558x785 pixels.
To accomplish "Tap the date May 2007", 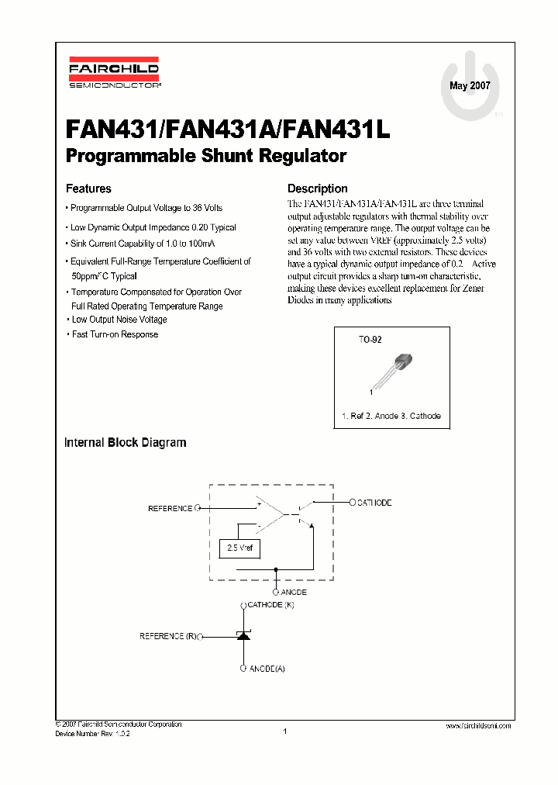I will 470,85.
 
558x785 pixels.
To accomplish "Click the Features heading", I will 88,188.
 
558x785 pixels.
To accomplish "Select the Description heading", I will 318,188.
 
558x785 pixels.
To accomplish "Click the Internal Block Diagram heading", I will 125,443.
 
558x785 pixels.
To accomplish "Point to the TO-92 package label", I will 370,340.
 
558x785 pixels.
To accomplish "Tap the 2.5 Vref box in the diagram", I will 239,548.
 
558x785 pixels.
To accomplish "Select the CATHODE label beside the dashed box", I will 374,503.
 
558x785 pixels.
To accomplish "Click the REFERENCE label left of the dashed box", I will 170,509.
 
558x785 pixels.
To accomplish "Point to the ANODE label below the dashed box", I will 294,592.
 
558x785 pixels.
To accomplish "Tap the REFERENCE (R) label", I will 167,636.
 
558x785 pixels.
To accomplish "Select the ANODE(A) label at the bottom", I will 267,668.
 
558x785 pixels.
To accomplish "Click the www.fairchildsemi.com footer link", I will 479,725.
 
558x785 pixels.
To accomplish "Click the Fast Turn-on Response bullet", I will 115,334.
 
